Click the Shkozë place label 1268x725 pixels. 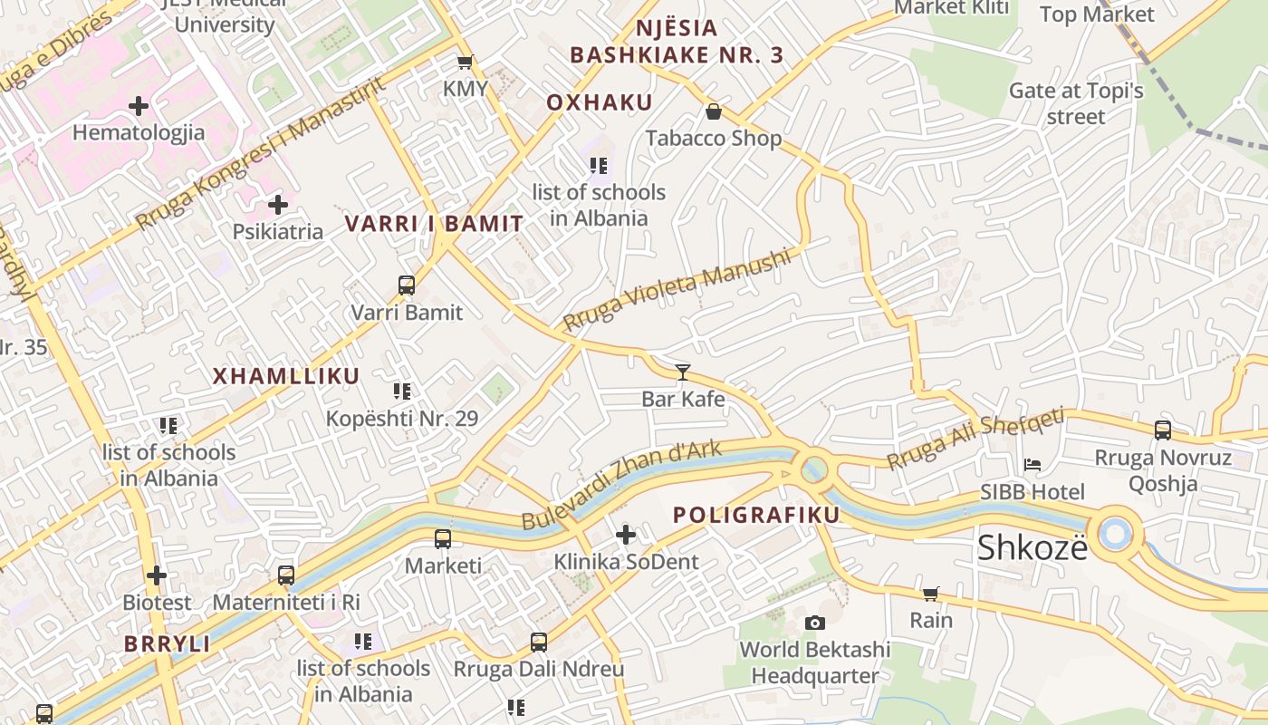tap(1032, 547)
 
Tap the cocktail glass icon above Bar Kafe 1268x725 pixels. tap(683, 372)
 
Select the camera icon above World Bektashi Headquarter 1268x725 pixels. tap(815, 623)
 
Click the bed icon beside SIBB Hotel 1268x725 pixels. tap(1032, 465)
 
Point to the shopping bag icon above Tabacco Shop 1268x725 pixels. tap(714, 111)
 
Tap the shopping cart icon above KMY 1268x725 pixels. tap(465, 63)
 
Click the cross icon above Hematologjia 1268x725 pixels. tap(139, 106)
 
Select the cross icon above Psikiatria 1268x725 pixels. tap(278, 205)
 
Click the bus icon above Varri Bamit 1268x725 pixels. tap(407, 285)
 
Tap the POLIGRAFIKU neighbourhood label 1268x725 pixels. tap(757, 515)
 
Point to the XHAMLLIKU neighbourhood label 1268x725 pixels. tap(286, 376)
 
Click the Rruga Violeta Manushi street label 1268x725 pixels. tap(677, 290)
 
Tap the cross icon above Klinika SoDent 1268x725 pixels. tap(626, 535)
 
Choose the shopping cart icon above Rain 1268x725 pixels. tap(930, 594)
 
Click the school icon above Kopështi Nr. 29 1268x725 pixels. tap(402, 391)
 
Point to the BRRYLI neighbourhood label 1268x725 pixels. tap(168, 644)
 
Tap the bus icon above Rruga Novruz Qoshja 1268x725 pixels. tap(1163, 430)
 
